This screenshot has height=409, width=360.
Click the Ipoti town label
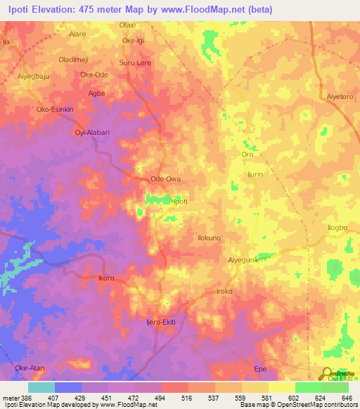pyautogui.click(x=181, y=201)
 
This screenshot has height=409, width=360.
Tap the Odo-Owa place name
pyautogui.click(x=167, y=179)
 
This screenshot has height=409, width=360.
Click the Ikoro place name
pyautogui.click(x=106, y=278)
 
